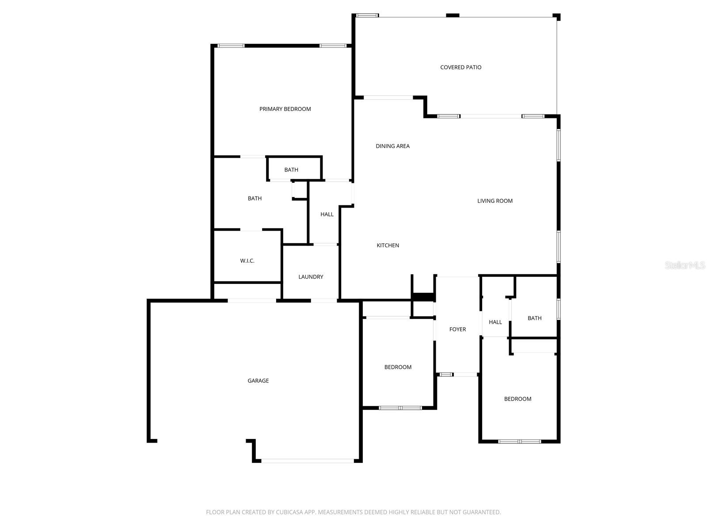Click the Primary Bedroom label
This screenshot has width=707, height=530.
[285, 109]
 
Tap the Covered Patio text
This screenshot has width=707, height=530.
[461, 68]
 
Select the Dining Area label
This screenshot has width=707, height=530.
[392, 146]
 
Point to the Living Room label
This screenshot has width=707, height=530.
[495, 201]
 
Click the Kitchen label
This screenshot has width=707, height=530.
[388, 246]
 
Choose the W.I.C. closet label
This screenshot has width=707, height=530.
[247, 261]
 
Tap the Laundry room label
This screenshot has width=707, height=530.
[311, 277]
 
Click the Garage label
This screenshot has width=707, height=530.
[258, 381]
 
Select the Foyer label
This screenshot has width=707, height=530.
[457, 329]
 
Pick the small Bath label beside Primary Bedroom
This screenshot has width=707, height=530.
[291, 170]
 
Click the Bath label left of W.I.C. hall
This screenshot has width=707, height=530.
[255, 199]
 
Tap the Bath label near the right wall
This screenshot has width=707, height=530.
[534, 318]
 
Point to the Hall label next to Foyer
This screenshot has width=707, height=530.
[495, 322]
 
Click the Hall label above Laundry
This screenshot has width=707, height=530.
[327, 215]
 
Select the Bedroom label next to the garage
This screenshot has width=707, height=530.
[398, 367]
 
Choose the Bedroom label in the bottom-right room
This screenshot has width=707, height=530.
[517, 399]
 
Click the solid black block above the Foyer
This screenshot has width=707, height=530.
[423, 297]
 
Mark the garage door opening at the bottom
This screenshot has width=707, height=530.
[307, 461]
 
